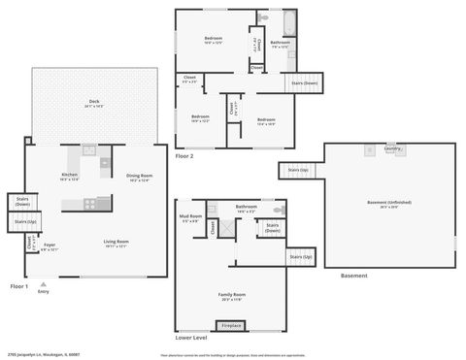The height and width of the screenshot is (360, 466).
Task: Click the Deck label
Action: [x=94, y=102]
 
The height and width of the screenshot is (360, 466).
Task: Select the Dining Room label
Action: [x=139, y=177]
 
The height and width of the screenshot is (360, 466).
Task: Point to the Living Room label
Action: [x=116, y=243]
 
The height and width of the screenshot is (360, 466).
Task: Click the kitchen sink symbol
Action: [x=88, y=150]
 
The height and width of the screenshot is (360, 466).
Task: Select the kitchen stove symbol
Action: [x=90, y=204]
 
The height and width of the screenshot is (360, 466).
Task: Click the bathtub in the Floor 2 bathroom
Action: [x=289, y=20]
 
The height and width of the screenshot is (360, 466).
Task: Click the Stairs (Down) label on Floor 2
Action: [x=304, y=83]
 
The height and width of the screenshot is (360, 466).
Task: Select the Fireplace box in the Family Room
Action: [x=231, y=325]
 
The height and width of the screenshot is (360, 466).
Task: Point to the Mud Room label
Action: [x=190, y=217]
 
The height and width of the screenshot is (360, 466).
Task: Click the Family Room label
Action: [x=231, y=295]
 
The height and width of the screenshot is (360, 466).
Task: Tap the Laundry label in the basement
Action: [x=391, y=148]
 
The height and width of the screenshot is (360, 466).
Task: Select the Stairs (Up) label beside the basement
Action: [x=298, y=171]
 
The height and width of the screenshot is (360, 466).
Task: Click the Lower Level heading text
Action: [x=191, y=339]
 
